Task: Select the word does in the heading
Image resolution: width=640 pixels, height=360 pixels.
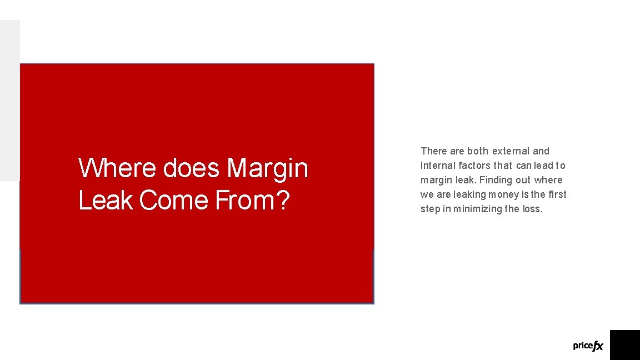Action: (x=192, y=168)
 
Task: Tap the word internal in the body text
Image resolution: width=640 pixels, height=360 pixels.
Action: (x=438, y=166)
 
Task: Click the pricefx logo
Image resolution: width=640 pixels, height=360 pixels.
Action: (x=588, y=346)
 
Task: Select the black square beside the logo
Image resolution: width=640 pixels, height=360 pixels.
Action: (x=625, y=345)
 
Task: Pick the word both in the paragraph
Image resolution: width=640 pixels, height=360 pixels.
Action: (x=478, y=151)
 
